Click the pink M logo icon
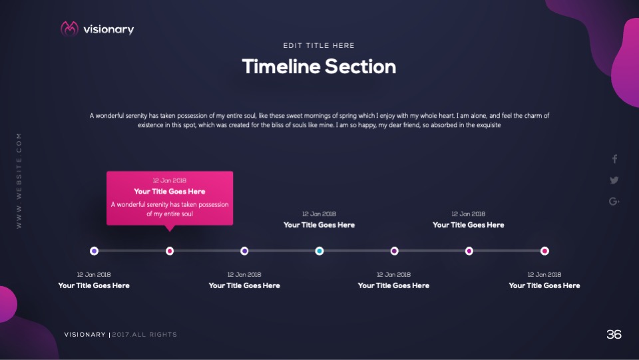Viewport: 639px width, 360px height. (69, 29)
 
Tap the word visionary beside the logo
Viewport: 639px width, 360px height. (108, 30)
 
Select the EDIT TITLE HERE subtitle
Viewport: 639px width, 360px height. (319, 46)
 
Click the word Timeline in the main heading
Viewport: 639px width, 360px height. (281, 67)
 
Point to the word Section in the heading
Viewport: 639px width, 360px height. (361, 67)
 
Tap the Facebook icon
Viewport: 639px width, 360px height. (614, 159)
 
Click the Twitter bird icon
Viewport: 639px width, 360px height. (614, 180)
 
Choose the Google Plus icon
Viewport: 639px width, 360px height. (614, 201)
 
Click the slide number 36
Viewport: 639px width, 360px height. (614, 335)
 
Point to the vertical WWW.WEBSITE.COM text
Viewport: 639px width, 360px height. (19, 181)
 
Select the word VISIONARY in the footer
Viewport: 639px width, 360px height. (85, 335)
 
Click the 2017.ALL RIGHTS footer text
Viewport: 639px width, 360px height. (144, 335)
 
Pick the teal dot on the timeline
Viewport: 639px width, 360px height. (319, 251)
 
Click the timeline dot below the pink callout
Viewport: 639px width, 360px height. (170, 251)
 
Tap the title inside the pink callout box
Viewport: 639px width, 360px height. (170, 192)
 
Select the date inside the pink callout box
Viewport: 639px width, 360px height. (170, 180)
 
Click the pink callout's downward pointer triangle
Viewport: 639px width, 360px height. (170, 228)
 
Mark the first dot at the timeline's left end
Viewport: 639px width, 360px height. (94, 251)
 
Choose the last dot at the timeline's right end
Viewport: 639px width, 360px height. (544, 251)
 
